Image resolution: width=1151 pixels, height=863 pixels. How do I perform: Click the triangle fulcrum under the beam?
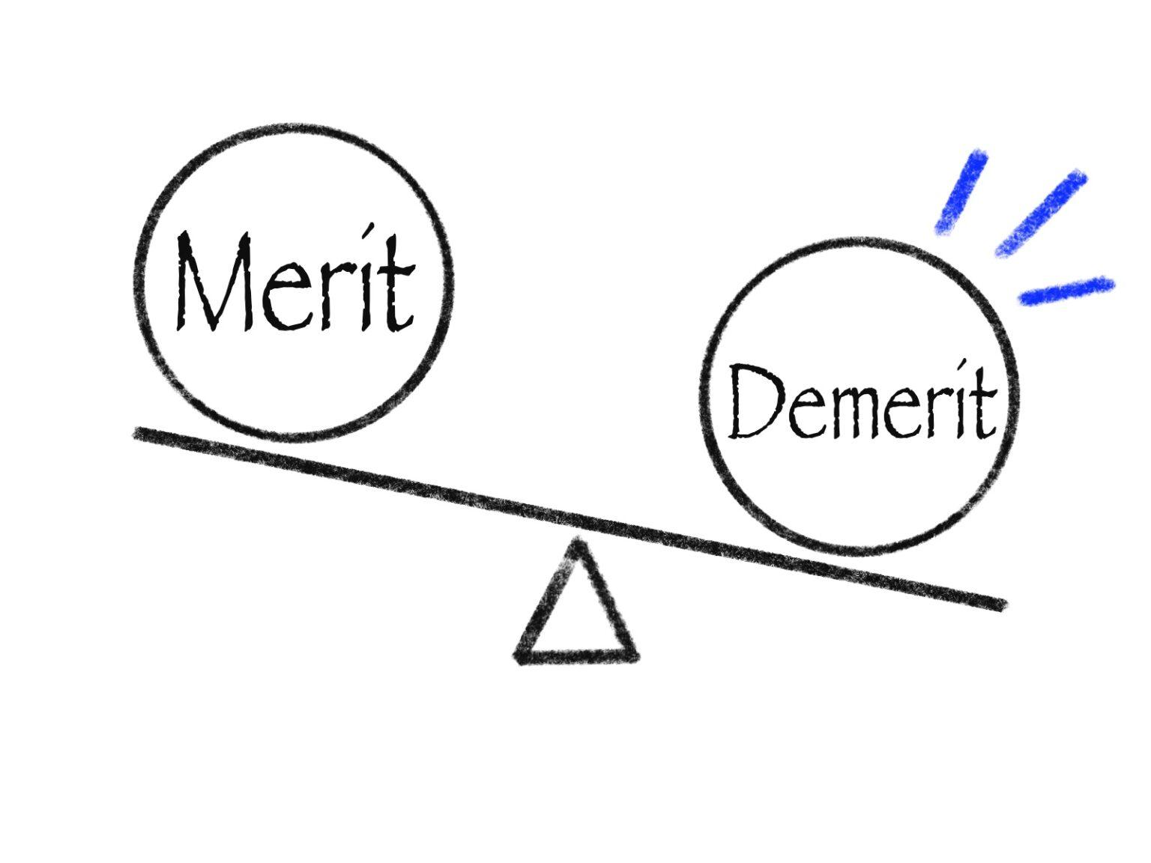pos(576,614)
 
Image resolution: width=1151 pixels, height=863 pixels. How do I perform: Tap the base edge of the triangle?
pos(576,657)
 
